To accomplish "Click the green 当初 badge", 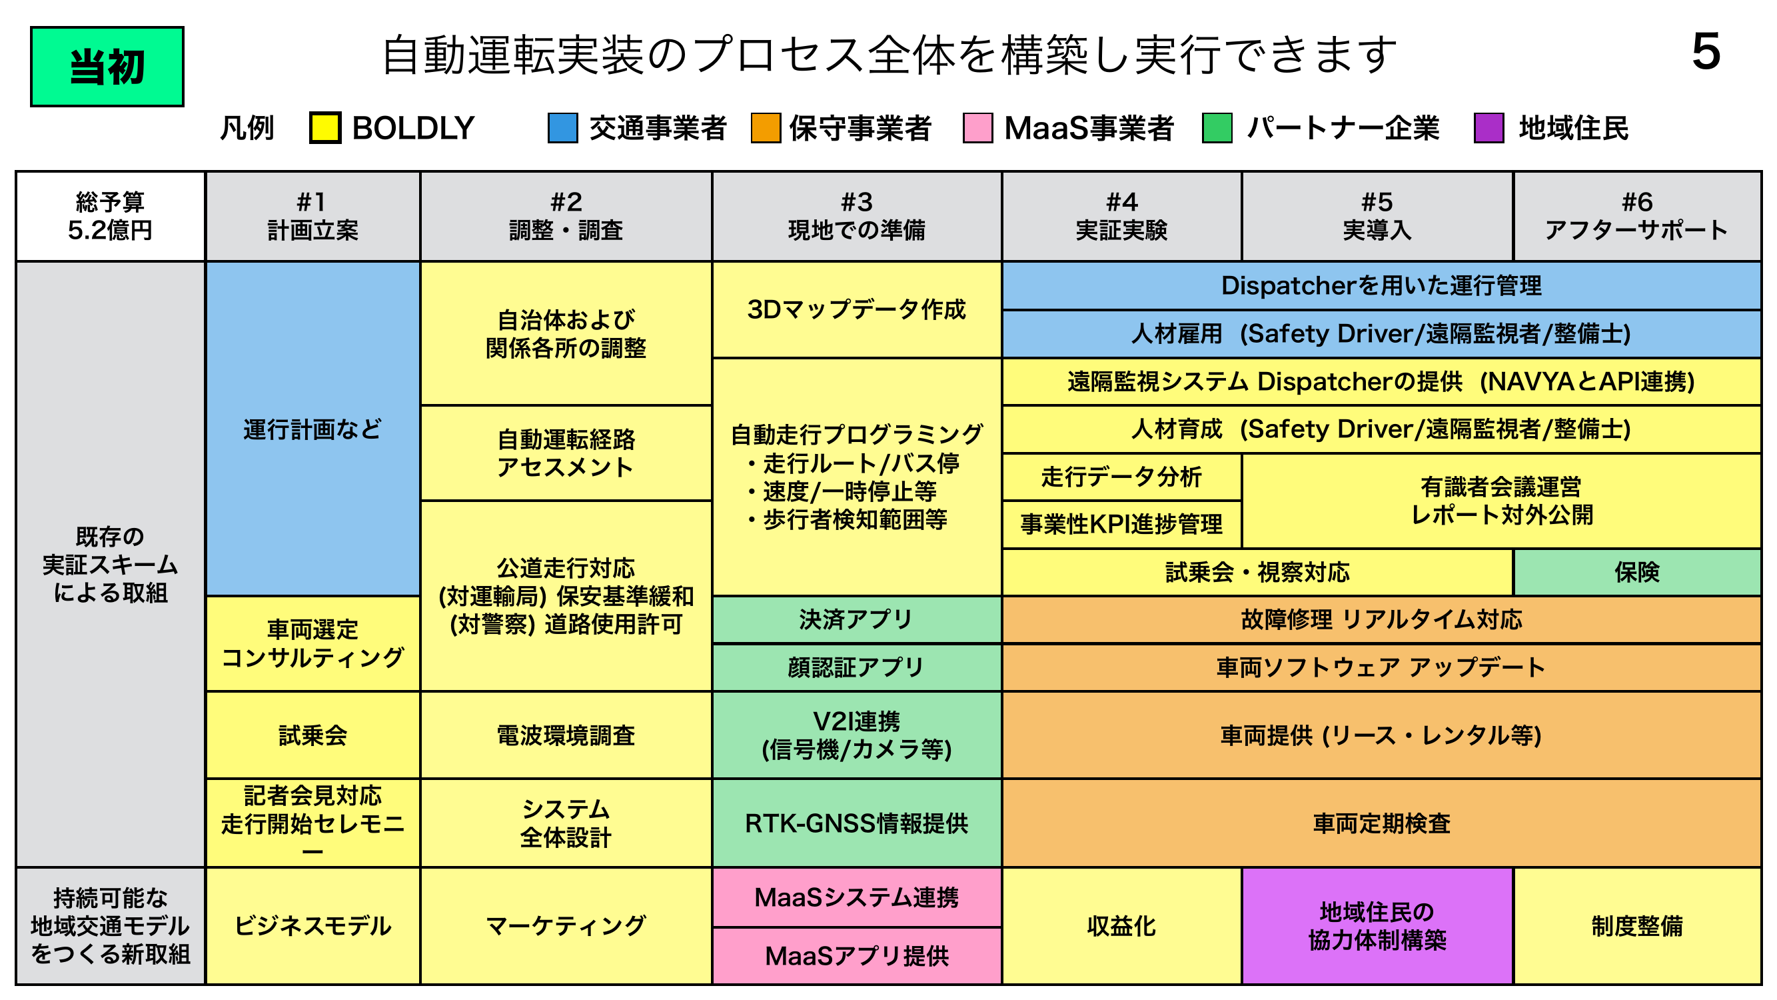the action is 107,67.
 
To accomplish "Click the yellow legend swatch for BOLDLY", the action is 325,128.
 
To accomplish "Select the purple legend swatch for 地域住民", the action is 1488,128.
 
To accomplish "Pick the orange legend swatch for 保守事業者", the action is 765,128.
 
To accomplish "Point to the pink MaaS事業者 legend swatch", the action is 977,128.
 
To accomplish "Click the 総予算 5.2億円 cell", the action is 111,216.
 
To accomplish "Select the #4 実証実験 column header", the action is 1121,216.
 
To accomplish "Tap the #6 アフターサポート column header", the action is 1637,216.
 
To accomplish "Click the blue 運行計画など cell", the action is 312,429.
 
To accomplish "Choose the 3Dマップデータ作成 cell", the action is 857,310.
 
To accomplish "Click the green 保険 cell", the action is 1637,572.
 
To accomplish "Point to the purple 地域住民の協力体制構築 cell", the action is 1377,925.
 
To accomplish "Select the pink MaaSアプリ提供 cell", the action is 857,956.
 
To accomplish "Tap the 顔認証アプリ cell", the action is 857,667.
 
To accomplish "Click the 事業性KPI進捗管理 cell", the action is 1121,525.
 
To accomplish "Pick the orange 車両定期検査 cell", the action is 1382,823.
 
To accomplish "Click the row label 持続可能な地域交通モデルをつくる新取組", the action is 111,925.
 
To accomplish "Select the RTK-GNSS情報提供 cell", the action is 857,823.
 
